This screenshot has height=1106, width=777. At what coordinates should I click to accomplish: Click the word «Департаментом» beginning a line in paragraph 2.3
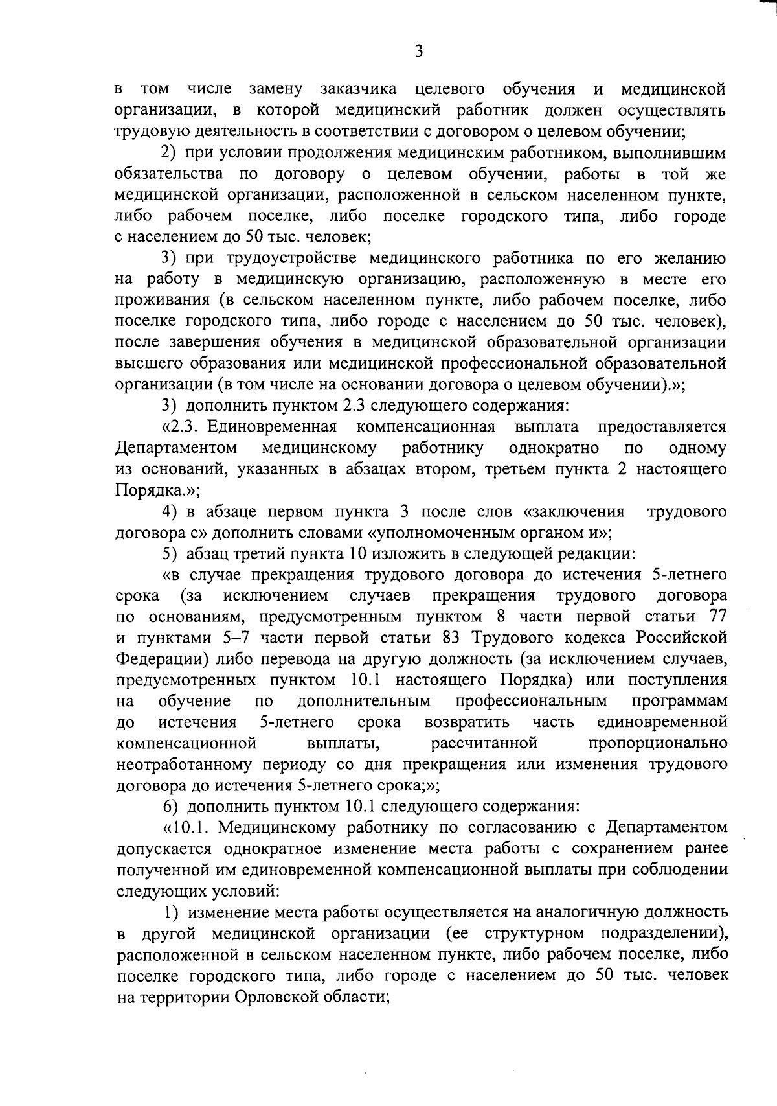tap(175, 448)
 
